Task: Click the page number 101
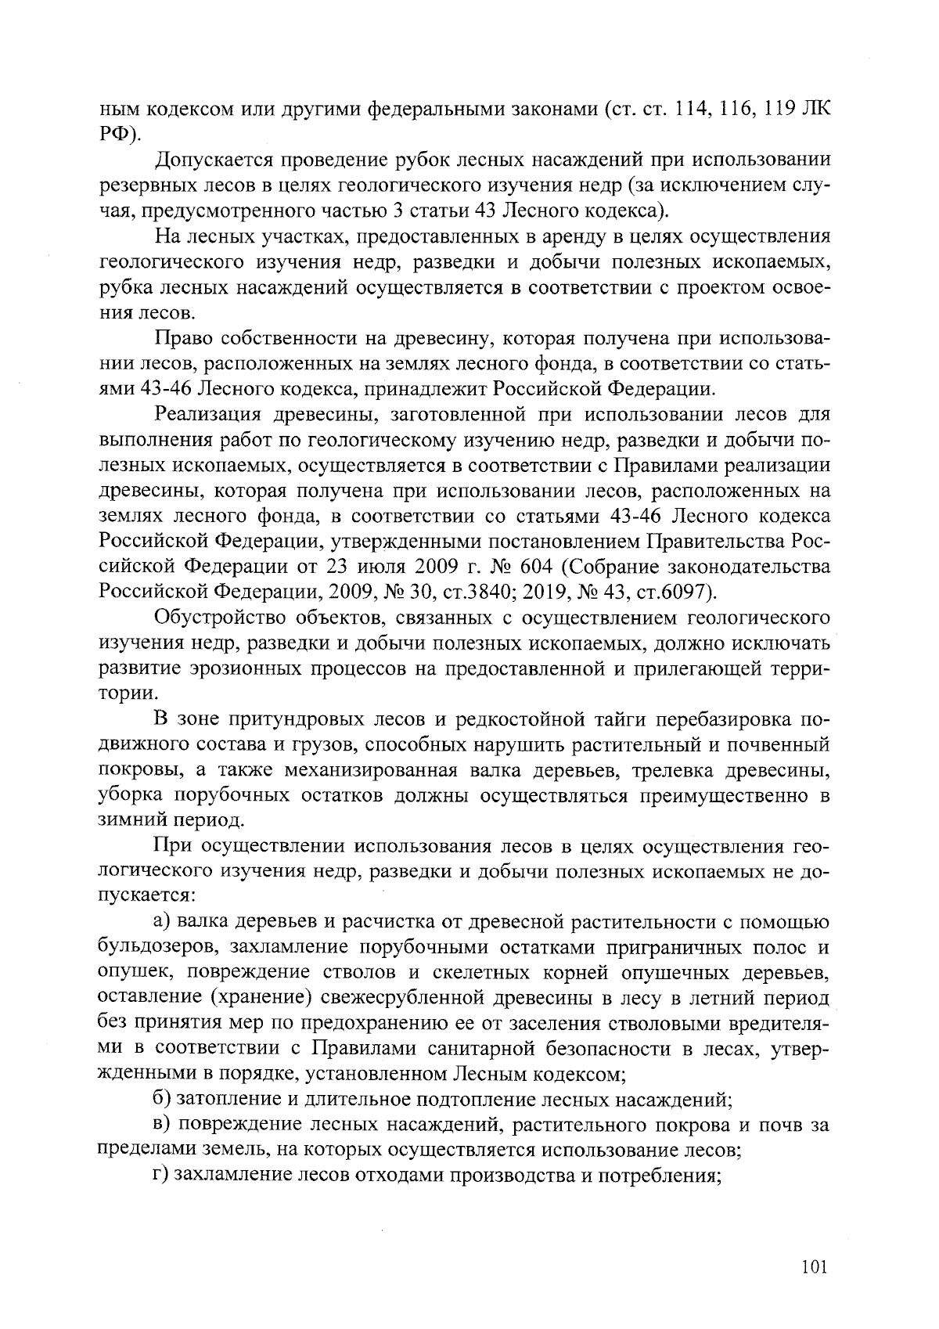point(814,1267)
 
